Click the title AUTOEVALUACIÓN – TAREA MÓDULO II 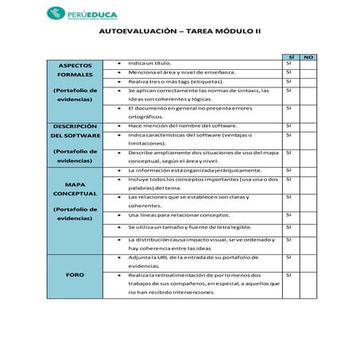point(182,33)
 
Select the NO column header point(308,56)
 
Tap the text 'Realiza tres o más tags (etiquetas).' point(169,81)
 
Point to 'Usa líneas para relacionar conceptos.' point(174,215)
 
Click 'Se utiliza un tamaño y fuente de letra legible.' point(184,227)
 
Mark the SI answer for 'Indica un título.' point(288,63)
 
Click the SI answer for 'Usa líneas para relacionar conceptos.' point(288,215)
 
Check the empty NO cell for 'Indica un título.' point(308,63)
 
